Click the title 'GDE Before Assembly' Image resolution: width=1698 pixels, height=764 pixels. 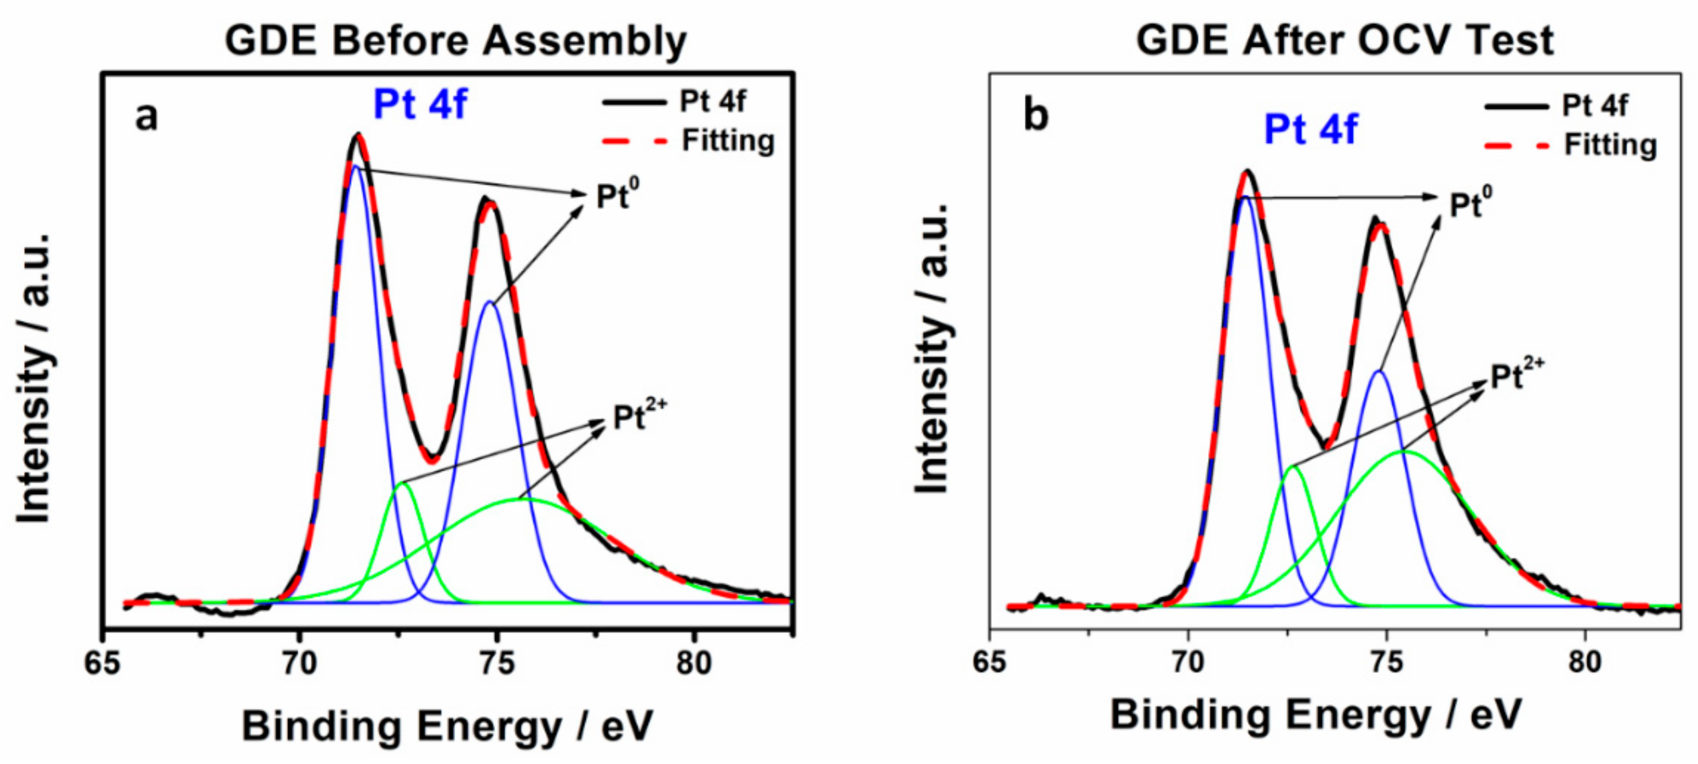(456, 41)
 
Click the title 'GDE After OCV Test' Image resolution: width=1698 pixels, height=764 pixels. (1344, 41)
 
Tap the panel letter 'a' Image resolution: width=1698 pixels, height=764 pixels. (146, 117)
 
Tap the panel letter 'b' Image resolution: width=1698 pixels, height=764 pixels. (1035, 116)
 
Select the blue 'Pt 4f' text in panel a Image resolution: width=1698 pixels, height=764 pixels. (420, 105)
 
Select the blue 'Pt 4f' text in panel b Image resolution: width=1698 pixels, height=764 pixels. (1311, 129)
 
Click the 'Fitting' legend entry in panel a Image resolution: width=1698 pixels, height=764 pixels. (727, 141)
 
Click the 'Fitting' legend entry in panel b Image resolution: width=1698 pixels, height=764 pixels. (1610, 145)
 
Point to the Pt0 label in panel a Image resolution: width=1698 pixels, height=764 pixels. (617, 195)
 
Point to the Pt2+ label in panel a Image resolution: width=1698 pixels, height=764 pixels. (639, 416)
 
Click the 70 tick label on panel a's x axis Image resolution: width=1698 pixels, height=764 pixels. (300, 663)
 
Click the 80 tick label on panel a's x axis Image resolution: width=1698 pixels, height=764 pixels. (693, 663)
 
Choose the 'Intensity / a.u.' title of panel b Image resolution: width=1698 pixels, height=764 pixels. (932, 349)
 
